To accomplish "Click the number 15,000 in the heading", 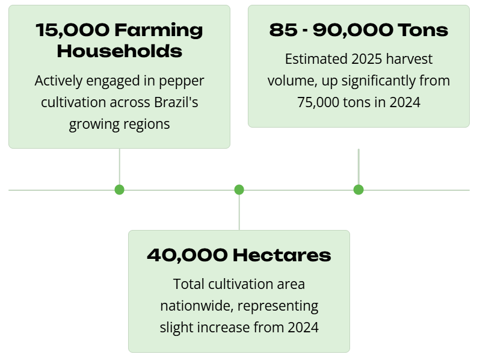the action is [72, 31].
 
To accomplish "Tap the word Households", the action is [120, 51].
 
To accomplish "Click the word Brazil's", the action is [176, 102].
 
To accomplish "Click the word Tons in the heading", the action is [423, 30].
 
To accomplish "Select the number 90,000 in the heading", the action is [352, 31].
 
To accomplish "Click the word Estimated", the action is [316, 59].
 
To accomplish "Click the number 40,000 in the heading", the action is [187, 255].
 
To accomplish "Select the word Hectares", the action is [282, 255].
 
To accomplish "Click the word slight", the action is [176, 327].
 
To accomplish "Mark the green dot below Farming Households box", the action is [120, 190].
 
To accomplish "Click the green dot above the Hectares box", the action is [239, 190].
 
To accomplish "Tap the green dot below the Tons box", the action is [359, 190].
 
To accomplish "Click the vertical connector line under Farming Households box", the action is [120, 167].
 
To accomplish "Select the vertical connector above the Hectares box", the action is [239, 213].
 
